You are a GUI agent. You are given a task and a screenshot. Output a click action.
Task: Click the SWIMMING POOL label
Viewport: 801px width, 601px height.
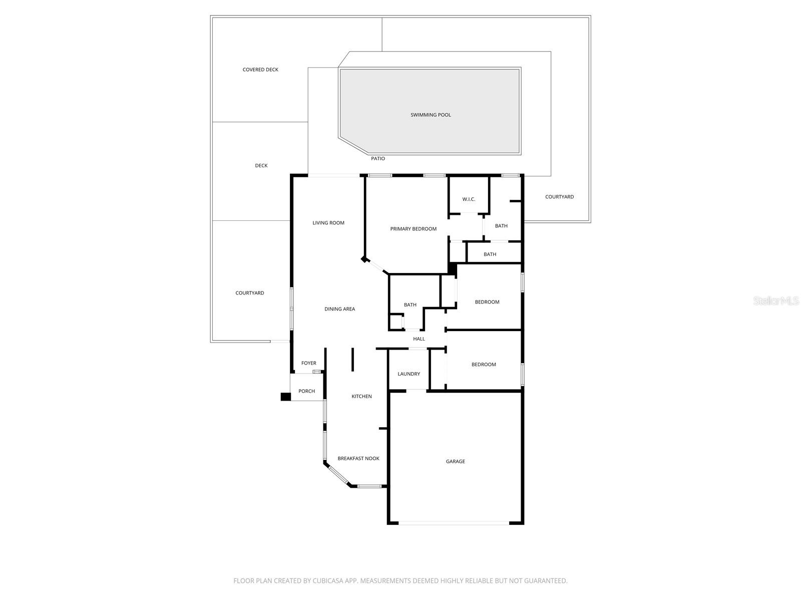(431, 115)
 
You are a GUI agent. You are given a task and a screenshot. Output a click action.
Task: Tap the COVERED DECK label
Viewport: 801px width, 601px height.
(260, 70)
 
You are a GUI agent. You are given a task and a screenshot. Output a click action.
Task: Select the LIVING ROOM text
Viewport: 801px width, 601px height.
(328, 223)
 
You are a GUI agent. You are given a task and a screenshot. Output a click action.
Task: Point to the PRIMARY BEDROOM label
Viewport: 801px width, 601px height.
(414, 229)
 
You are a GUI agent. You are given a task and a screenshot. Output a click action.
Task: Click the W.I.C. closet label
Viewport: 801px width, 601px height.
(469, 199)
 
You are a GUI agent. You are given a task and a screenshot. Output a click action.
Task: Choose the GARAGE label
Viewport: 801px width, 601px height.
(456, 461)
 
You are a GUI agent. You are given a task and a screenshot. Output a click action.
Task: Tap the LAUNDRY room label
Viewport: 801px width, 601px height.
(409, 374)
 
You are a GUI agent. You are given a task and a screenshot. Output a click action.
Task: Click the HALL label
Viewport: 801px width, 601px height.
(419, 339)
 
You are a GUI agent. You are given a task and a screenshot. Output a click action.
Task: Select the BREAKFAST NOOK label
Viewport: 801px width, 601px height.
(358, 458)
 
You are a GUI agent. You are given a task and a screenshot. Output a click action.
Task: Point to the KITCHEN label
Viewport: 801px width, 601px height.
(361, 396)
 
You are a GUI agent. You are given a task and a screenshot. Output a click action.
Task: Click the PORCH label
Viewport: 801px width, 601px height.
(306, 391)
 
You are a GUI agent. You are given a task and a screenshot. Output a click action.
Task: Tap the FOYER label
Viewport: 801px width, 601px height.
(308, 363)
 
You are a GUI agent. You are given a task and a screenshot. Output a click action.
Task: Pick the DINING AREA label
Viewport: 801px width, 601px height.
(339, 309)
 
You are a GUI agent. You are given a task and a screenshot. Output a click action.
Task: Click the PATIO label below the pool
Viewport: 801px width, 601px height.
(378, 159)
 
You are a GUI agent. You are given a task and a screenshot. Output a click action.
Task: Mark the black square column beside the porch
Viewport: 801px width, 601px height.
(285, 397)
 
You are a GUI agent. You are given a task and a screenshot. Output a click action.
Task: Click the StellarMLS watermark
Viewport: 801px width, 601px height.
(776, 300)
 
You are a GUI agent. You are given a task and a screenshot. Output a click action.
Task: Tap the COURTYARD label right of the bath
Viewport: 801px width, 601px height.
(559, 197)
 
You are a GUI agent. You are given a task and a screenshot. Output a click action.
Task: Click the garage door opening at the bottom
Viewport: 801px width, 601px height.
(454, 523)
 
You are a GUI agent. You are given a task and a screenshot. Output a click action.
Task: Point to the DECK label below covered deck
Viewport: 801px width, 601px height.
(261, 166)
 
